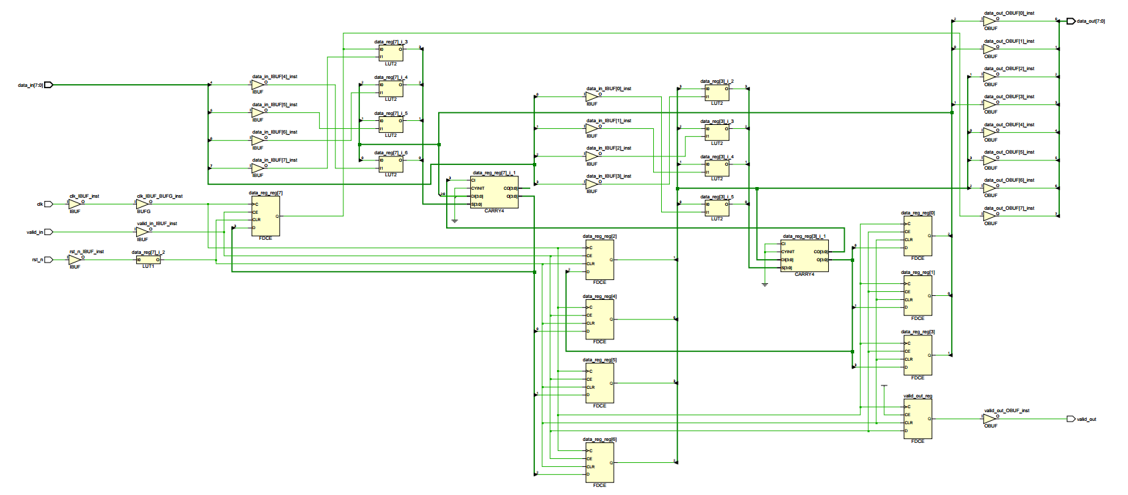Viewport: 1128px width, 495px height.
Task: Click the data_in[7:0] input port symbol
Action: pos(48,85)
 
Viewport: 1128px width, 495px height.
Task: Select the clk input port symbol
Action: pos(48,204)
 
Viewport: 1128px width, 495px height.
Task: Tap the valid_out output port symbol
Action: pos(1071,419)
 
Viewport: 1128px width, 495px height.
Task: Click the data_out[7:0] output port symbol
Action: pos(1071,21)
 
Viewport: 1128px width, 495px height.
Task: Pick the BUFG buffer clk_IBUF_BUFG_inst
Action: pos(143,204)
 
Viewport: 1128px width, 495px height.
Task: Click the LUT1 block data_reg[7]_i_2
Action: pos(148,260)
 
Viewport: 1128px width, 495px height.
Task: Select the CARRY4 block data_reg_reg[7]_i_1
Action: pos(494,192)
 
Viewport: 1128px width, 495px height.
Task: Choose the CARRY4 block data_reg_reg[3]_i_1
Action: pos(804,256)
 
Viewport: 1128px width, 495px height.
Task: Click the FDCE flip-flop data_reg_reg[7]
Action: pos(266,216)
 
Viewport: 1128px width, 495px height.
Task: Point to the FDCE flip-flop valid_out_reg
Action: pos(918,419)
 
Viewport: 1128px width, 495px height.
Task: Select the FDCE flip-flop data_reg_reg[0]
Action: pos(918,236)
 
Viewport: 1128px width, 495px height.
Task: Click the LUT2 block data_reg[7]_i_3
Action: pos(391,53)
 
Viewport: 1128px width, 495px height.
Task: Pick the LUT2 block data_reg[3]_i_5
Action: pos(717,208)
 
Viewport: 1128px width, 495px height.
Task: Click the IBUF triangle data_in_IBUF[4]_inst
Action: pos(258,85)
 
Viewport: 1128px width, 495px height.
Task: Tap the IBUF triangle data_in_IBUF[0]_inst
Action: pos(592,97)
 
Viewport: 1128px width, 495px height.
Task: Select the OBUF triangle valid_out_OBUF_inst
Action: pos(989,419)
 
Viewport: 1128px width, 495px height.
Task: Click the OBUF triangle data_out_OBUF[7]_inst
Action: pos(989,216)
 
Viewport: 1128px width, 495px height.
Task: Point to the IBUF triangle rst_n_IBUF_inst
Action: pos(74,260)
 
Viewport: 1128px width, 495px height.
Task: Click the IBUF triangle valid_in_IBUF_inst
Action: pos(142,232)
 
